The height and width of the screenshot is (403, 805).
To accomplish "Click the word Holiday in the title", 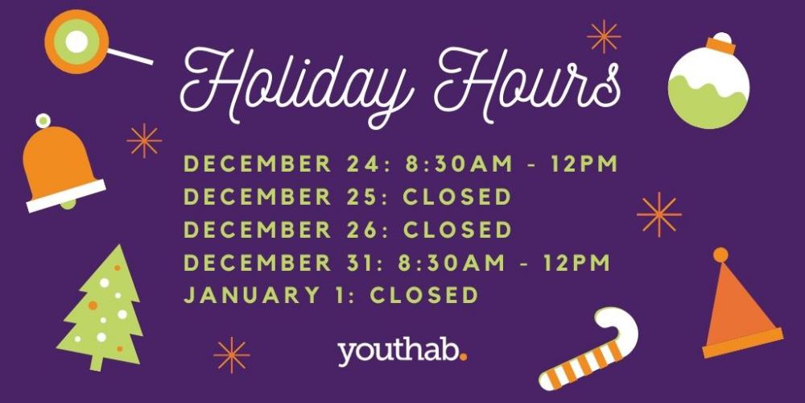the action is [298, 82].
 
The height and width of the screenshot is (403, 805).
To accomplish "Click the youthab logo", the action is [402, 352].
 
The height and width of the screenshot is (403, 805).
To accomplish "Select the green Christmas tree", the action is [101, 309].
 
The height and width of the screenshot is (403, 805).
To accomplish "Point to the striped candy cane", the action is [588, 350].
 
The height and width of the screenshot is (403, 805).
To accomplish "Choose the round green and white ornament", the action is [708, 81].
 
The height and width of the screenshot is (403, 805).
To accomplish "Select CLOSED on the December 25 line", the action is [457, 197].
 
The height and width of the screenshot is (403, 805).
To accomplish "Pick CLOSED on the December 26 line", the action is [457, 230].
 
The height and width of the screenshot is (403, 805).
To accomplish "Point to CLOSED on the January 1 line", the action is [424, 296].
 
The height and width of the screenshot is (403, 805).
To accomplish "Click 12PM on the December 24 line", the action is [584, 164].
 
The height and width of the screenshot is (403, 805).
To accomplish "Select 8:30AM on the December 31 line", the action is [452, 263].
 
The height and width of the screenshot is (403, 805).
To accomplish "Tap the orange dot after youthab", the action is [464, 356].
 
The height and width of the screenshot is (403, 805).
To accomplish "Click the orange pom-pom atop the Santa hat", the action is [720, 255].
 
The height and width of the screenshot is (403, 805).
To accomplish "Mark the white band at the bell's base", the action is [66, 196].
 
